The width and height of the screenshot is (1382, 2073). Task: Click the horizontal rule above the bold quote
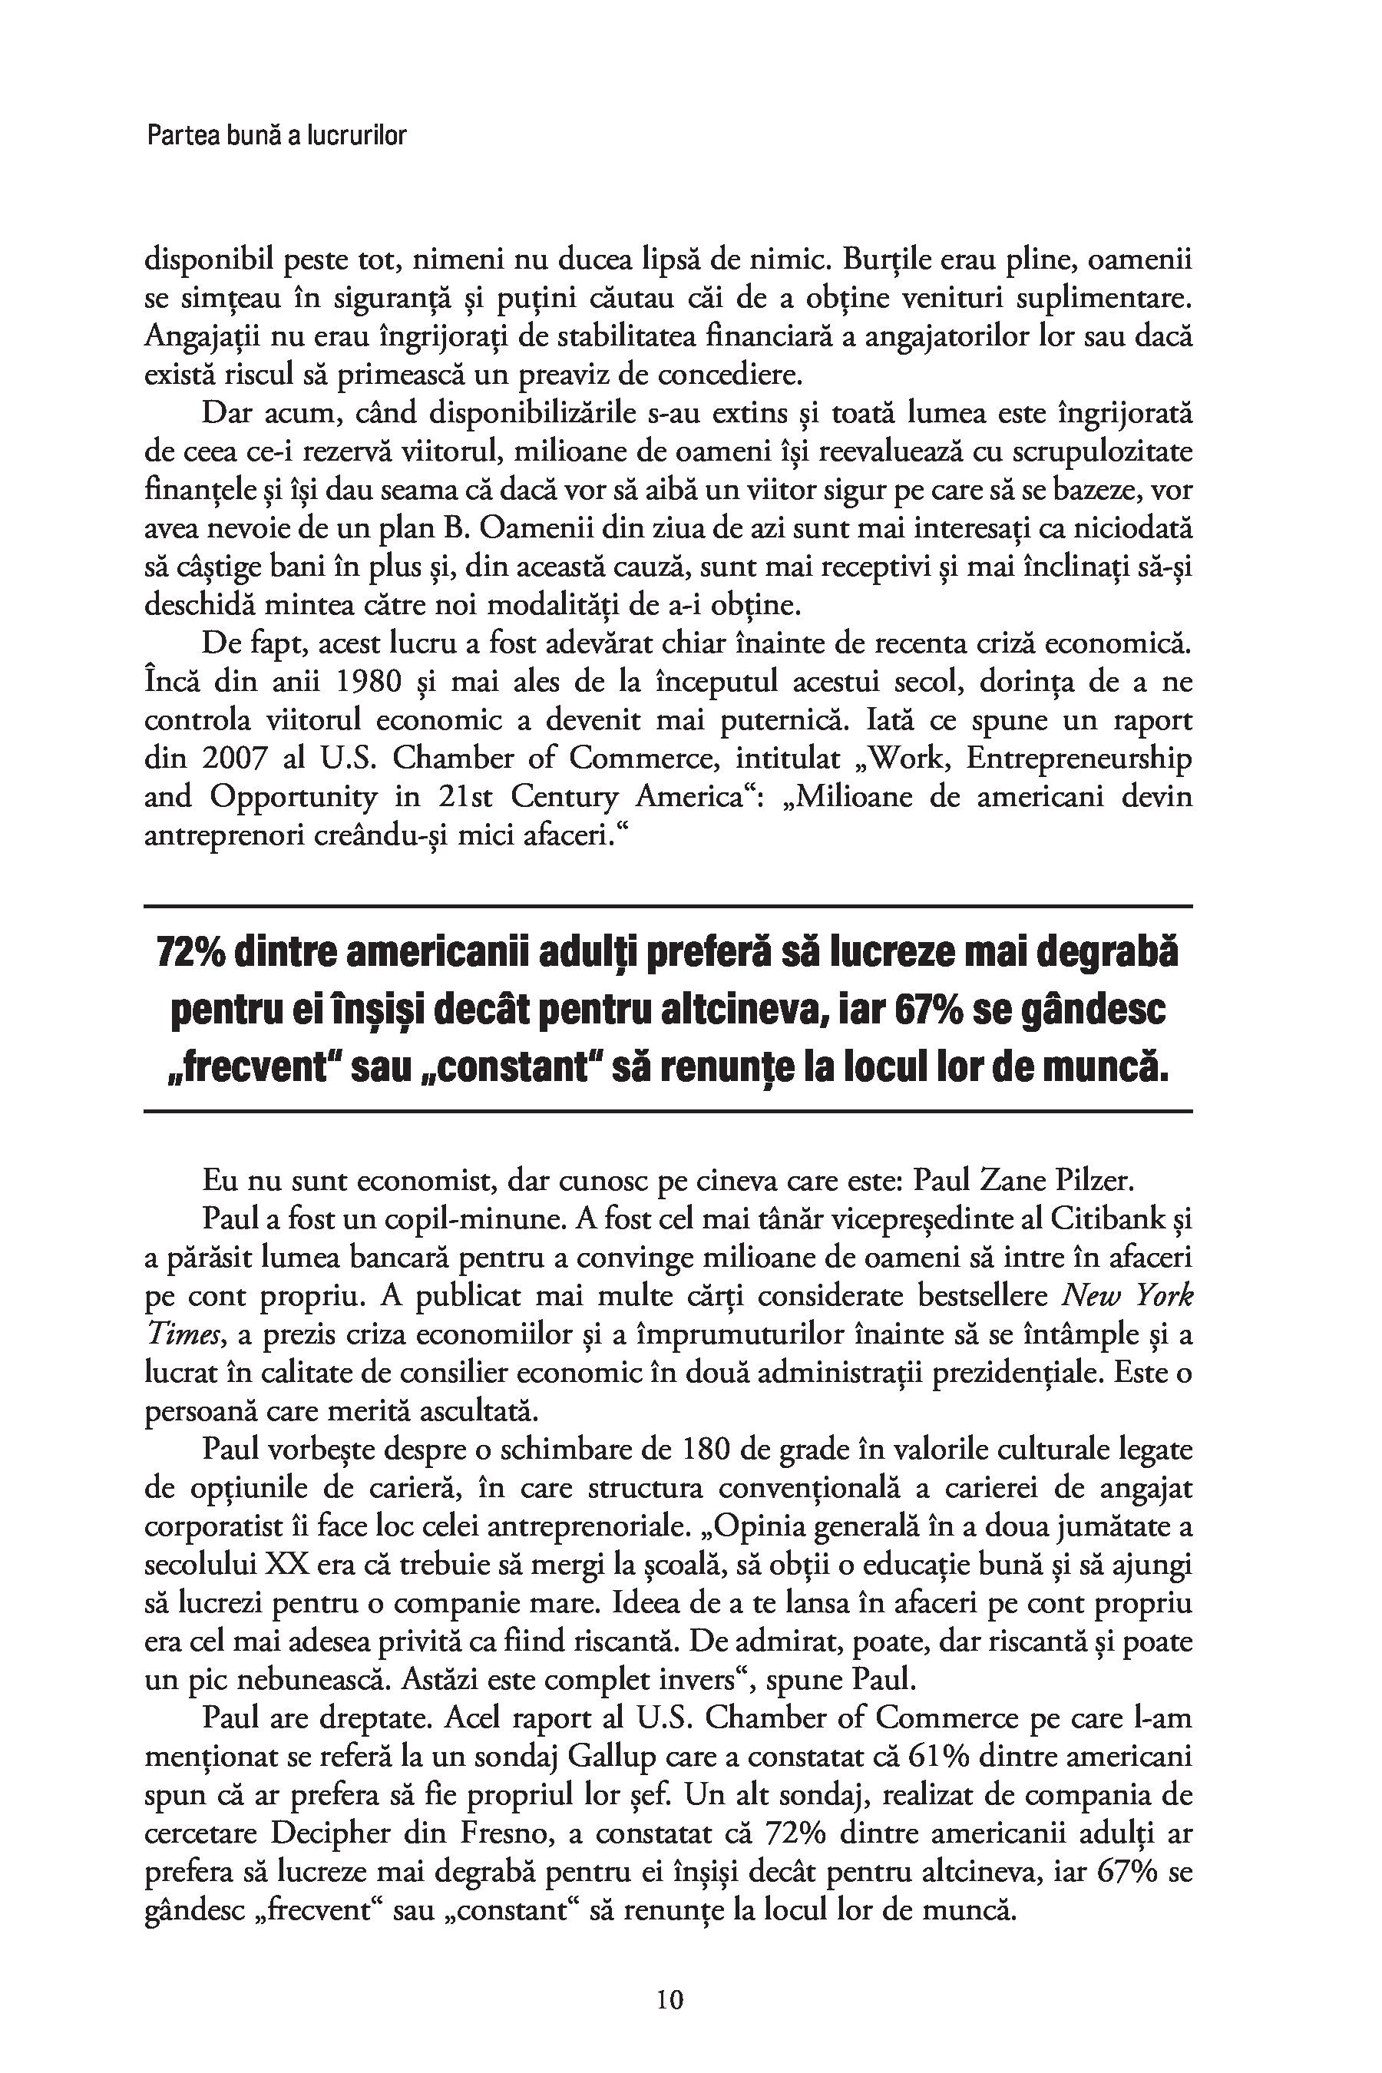pos(668,906)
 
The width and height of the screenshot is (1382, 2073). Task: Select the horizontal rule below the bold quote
pos(668,1112)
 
